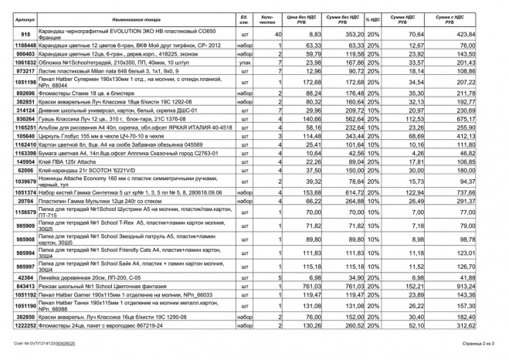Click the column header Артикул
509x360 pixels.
point(24,16)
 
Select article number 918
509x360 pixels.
point(24,34)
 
